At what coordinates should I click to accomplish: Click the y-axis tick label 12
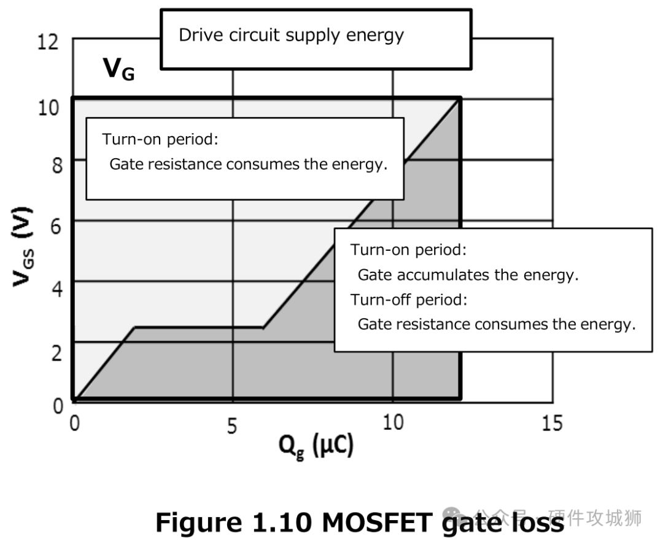point(48,43)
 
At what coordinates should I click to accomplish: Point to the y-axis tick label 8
point(56,164)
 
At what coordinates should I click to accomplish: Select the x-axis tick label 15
point(552,424)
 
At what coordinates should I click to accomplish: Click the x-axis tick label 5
point(231,426)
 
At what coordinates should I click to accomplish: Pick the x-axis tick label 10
point(392,424)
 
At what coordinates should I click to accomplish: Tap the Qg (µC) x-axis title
point(316,448)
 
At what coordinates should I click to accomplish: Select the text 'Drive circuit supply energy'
point(291,35)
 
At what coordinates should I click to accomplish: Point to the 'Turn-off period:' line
point(409,300)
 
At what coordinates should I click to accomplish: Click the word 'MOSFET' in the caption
point(386,523)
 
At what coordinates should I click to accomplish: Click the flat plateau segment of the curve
point(199,328)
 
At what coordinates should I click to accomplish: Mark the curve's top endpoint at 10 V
point(459,99)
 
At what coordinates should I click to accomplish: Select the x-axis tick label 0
point(74,424)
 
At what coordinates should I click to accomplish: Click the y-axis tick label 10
point(48,108)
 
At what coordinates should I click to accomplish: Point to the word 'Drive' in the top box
point(197,35)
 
